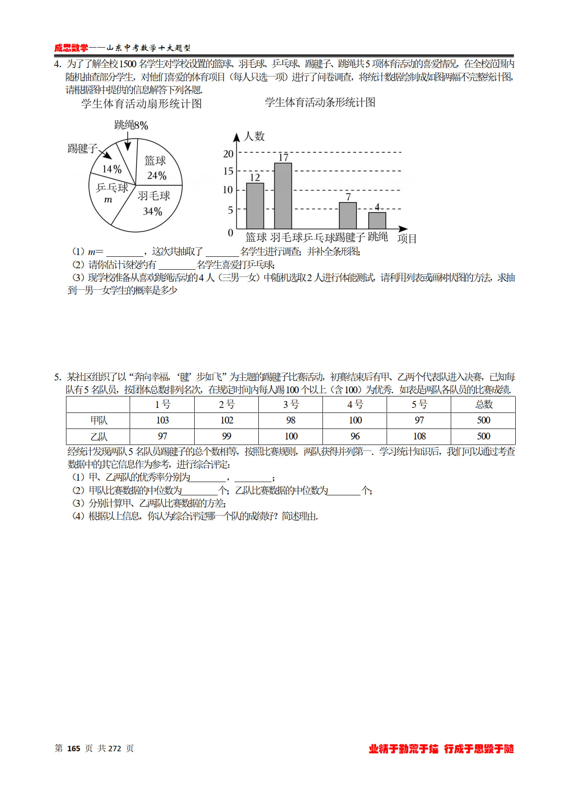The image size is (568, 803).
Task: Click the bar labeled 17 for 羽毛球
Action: tap(283, 196)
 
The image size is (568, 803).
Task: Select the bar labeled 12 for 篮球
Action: tap(255, 206)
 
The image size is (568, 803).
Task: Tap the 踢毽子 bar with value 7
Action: tap(348, 216)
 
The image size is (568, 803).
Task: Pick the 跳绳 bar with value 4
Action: tap(377, 221)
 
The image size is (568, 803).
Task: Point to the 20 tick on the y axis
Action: tap(228, 154)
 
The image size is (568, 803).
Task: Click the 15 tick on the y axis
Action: tap(228, 171)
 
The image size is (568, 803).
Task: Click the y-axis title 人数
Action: tap(254, 136)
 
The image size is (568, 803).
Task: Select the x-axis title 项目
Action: tap(407, 239)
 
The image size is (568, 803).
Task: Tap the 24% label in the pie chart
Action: tap(157, 176)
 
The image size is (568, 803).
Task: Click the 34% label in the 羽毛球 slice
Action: tap(153, 212)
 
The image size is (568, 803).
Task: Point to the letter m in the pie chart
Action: tap(108, 200)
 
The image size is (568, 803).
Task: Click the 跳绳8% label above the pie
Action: tap(131, 125)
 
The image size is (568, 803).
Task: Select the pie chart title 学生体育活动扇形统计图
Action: tap(142, 104)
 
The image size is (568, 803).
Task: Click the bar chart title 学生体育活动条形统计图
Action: tap(320, 103)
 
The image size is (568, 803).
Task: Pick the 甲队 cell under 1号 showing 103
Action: tap(163, 420)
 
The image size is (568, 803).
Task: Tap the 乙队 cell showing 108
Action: tap(419, 436)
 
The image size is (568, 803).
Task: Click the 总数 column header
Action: tap(484, 404)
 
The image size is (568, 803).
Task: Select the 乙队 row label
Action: tap(98, 436)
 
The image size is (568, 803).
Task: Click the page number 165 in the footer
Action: tap(74, 749)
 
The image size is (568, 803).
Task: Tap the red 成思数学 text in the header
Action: tap(71, 48)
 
